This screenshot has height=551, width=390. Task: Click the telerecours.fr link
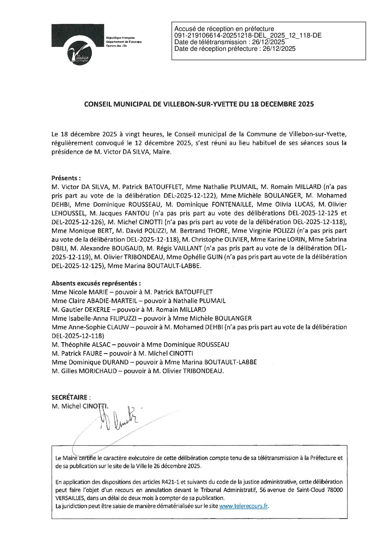(243, 506)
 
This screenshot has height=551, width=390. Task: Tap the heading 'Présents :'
(66, 178)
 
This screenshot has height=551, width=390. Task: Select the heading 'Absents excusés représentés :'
(96, 284)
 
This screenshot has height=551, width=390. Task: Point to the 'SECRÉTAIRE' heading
(70, 397)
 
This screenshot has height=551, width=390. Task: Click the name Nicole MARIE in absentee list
(77, 292)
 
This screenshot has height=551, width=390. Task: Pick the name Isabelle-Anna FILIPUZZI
(97, 318)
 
